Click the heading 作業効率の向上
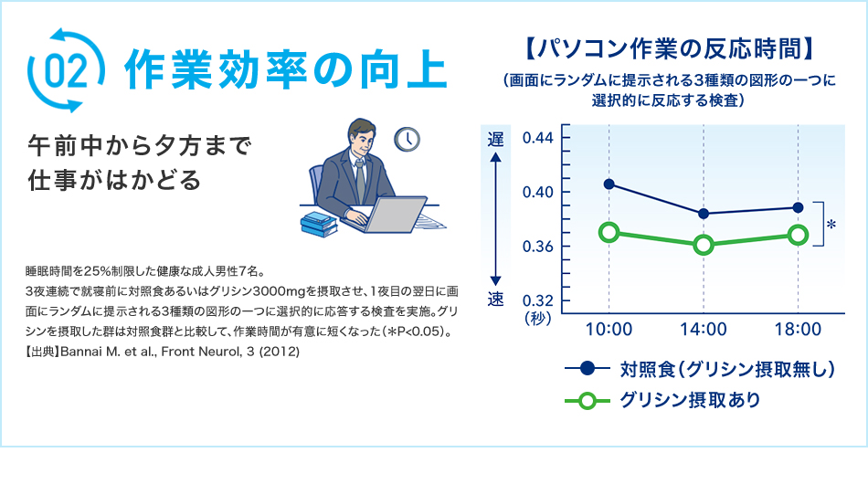(x=285, y=70)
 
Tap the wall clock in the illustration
(x=407, y=139)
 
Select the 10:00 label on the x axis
(x=609, y=329)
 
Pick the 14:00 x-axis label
(x=704, y=329)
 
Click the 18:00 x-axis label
(x=798, y=329)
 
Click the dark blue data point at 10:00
(x=609, y=184)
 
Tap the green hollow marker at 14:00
(x=704, y=245)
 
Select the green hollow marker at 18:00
(x=798, y=235)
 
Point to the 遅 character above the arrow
(x=495, y=139)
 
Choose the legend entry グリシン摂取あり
(x=690, y=400)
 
